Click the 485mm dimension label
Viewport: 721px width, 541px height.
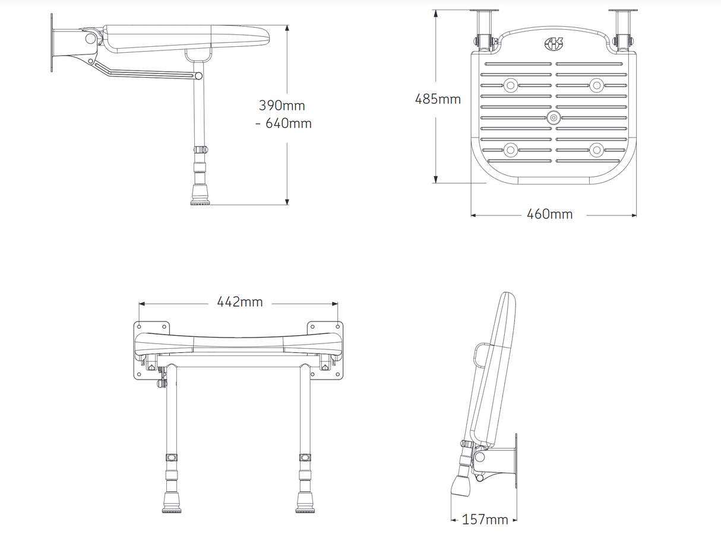coord(438,99)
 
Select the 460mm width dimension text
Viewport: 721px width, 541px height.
coord(549,214)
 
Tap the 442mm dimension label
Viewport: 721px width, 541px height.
coord(239,302)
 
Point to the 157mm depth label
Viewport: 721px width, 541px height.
coord(485,520)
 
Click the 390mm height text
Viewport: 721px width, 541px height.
coord(282,106)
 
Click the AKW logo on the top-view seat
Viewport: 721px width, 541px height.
coord(553,43)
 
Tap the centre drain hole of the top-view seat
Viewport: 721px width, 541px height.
coord(554,117)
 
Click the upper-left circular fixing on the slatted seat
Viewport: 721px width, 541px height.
coord(510,85)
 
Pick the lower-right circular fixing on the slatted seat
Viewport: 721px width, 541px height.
coord(596,149)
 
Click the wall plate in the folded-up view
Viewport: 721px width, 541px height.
coord(516,460)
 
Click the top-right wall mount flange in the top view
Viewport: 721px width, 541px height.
coord(622,11)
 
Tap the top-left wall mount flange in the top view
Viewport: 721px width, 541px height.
coord(483,11)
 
